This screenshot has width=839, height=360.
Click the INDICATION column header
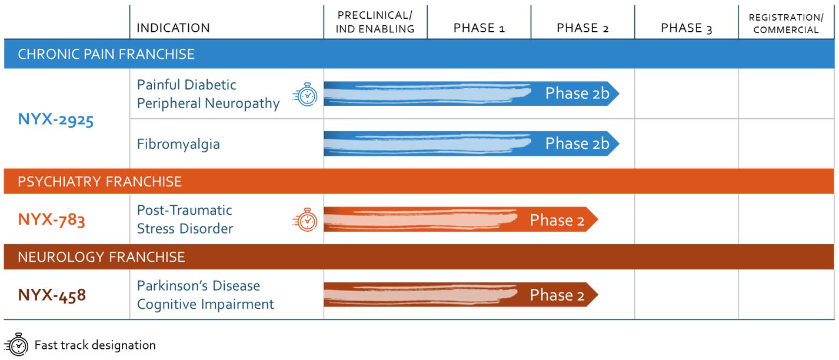173,28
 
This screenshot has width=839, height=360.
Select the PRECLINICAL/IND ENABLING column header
375,22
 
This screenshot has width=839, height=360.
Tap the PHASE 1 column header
479,28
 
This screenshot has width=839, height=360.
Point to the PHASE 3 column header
686,28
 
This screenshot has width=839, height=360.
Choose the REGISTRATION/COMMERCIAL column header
786,24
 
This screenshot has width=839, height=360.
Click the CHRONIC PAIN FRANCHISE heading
106,54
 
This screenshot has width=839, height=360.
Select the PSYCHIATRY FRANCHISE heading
99,182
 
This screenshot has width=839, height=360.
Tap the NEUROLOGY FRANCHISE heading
101,257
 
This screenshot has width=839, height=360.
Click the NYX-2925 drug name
56,119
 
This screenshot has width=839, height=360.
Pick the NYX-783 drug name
52,219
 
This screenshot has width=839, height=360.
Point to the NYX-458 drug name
52,295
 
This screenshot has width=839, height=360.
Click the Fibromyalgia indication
178,144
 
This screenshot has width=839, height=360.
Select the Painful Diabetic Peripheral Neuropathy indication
208,94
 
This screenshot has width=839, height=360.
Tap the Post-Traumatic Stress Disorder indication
185,219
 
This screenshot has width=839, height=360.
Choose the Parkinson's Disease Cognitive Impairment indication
205,295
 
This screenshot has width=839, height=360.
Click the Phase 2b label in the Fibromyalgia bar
577,144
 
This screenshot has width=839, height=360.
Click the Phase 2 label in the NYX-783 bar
557,220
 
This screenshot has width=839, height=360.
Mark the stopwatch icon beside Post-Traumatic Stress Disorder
305,220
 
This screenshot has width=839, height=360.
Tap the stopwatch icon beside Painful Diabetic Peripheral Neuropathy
305,94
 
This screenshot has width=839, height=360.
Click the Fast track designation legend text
95,345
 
